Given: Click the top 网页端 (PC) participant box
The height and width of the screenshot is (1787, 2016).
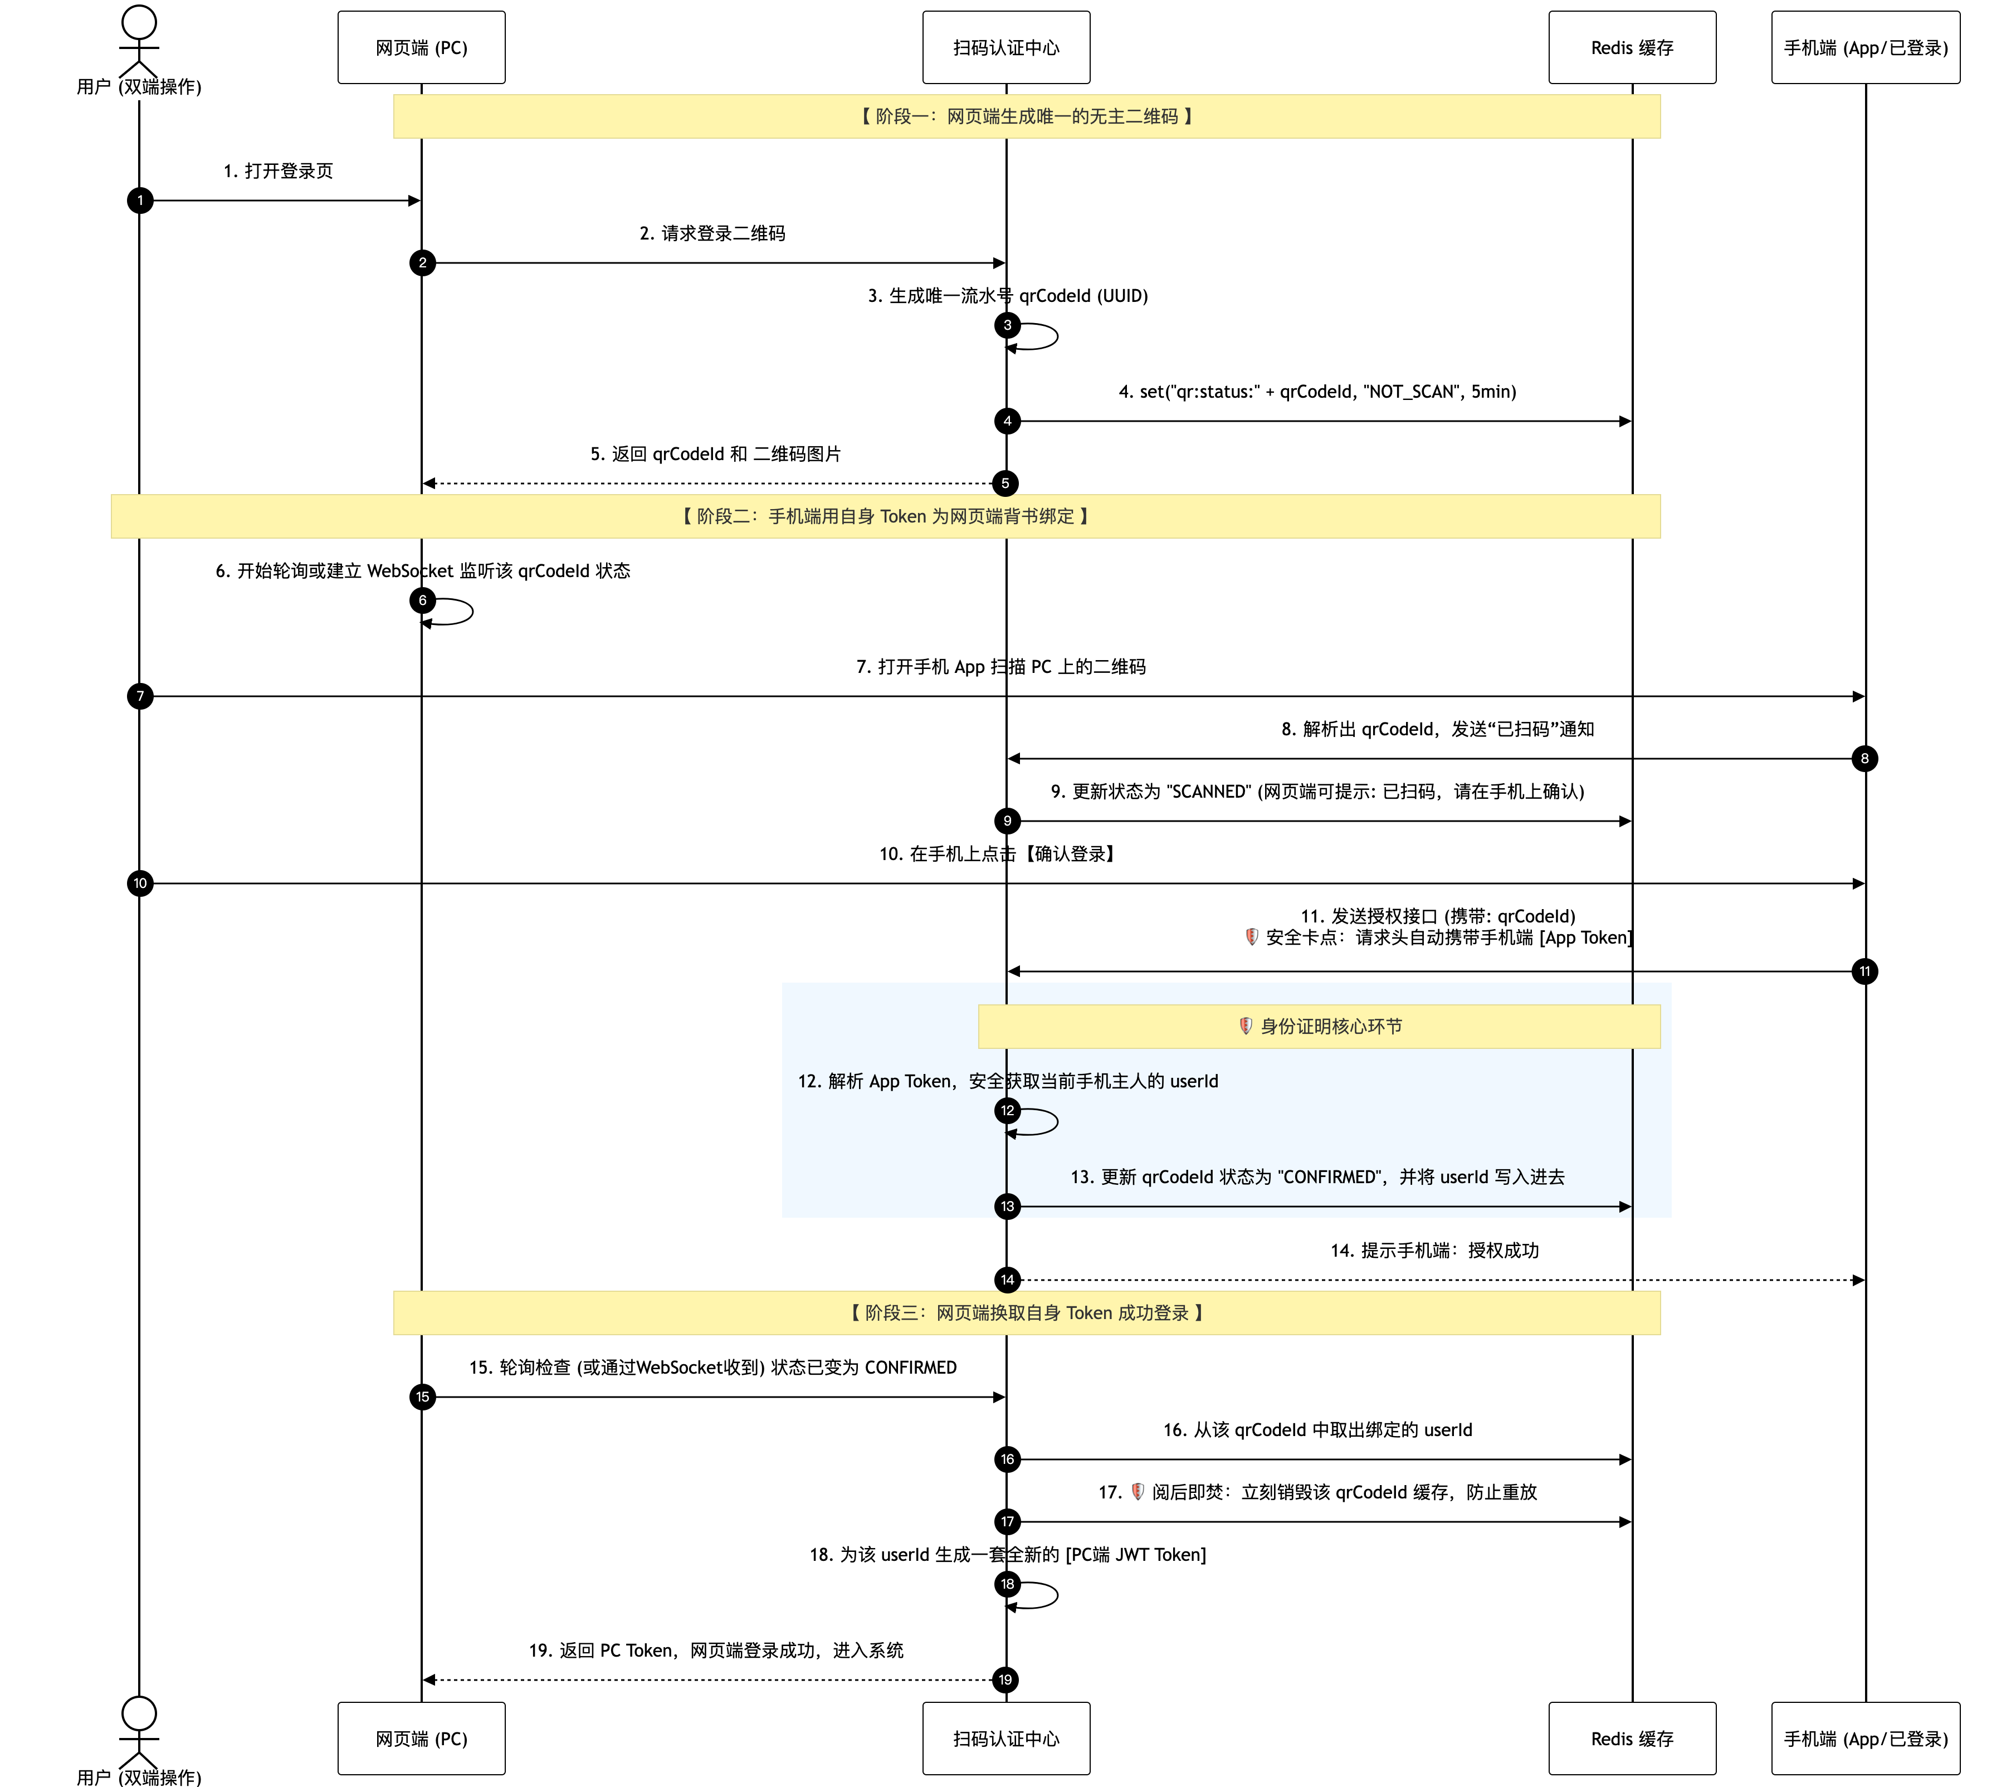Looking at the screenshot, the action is tap(421, 47).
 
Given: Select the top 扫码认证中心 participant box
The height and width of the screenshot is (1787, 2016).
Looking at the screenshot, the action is tap(1006, 47).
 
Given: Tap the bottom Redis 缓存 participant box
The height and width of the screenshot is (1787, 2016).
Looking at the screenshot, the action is tap(1632, 1739).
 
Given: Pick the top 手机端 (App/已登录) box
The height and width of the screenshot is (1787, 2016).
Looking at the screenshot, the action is tap(1865, 47).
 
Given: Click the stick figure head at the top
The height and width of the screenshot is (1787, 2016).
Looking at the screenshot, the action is tap(139, 23).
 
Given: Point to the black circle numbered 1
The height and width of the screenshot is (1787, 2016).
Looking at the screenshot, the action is tap(140, 200).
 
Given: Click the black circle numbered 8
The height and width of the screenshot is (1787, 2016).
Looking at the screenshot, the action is tap(1864, 758).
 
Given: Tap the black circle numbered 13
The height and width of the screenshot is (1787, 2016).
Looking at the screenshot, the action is tap(1007, 1206).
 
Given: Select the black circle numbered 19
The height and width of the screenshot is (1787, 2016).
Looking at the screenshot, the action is tap(1005, 1679).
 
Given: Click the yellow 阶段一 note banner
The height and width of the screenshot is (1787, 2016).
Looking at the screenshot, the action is tap(1027, 116).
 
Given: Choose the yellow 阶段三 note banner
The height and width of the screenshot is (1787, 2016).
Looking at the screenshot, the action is tap(1027, 1312).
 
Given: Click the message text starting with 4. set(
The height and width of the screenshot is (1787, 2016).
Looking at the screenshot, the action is tap(1317, 392).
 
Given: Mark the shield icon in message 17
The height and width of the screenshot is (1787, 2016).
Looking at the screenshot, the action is tap(1137, 1492).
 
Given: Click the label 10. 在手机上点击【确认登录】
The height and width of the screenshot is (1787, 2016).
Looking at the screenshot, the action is tap(997, 854).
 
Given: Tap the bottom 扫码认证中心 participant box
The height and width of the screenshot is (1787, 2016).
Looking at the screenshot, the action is tap(1006, 1739).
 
